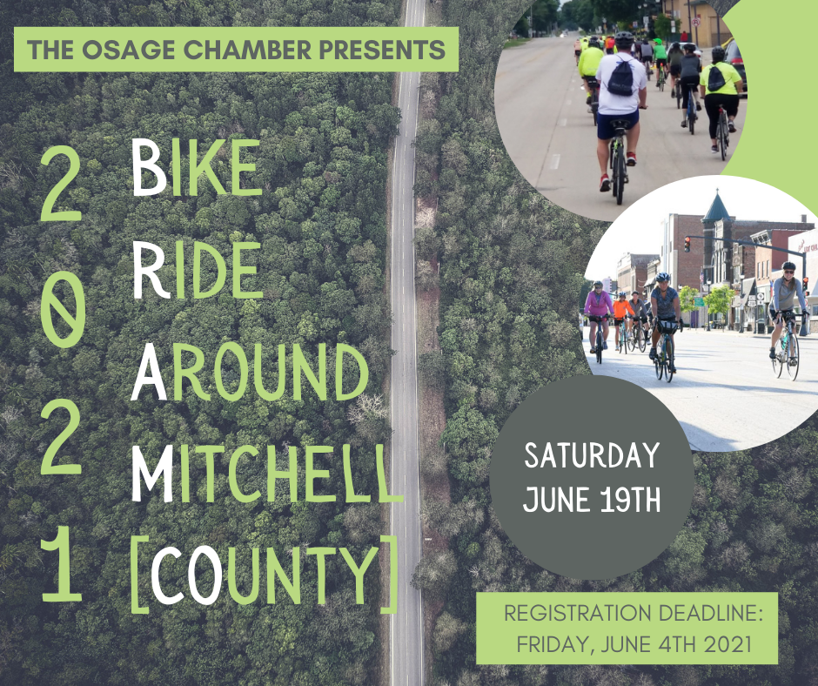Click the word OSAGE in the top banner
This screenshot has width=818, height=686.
click(128, 50)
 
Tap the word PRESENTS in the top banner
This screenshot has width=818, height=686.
click(381, 50)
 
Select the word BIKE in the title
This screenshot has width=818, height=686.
click(196, 168)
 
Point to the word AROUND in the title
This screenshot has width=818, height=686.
click(250, 372)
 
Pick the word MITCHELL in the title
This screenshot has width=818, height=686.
click(266, 474)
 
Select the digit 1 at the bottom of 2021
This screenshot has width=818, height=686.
click(62, 564)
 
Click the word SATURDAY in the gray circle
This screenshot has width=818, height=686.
click(592, 455)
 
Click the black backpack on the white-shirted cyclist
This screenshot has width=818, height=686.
click(620, 77)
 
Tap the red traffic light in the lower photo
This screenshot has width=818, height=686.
click(687, 244)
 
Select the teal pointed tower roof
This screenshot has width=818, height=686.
click(717, 205)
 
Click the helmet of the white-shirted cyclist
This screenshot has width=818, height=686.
click(623, 39)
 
